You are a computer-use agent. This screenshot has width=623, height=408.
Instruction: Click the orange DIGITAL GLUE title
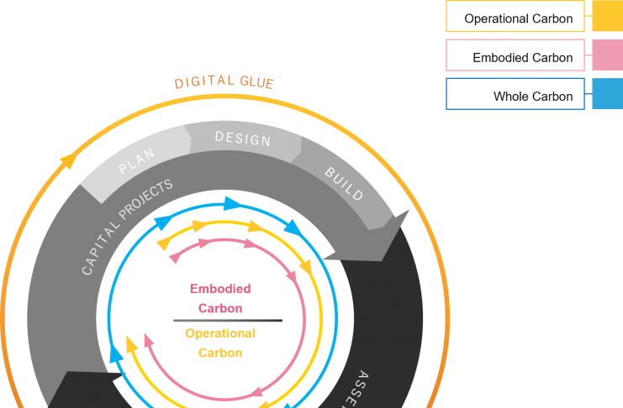click(x=224, y=82)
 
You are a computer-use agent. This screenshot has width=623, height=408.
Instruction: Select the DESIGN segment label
click(x=243, y=139)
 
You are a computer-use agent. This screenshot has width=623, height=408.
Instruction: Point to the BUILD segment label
click(x=344, y=184)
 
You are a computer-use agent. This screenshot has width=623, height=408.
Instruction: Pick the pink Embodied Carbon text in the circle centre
click(x=220, y=298)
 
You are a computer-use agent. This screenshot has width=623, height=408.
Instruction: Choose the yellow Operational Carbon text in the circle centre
click(x=220, y=343)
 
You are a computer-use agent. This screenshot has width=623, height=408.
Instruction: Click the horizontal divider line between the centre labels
click(x=228, y=321)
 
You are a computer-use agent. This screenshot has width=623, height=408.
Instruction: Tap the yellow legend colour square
click(x=607, y=16)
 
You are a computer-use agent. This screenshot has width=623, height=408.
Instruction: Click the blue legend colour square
click(x=607, y=94)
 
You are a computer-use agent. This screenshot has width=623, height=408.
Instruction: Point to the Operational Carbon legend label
click(x=518, y=18)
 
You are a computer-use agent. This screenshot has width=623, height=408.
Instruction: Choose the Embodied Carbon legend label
click(x=522, y=57)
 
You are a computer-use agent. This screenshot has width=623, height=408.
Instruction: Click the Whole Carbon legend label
click(x=532, y=96)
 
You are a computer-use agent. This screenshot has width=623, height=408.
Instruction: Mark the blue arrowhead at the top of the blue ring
click(x=232, y=204)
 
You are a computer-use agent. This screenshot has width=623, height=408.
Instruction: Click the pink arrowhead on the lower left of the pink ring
click(x=149, y=340)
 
